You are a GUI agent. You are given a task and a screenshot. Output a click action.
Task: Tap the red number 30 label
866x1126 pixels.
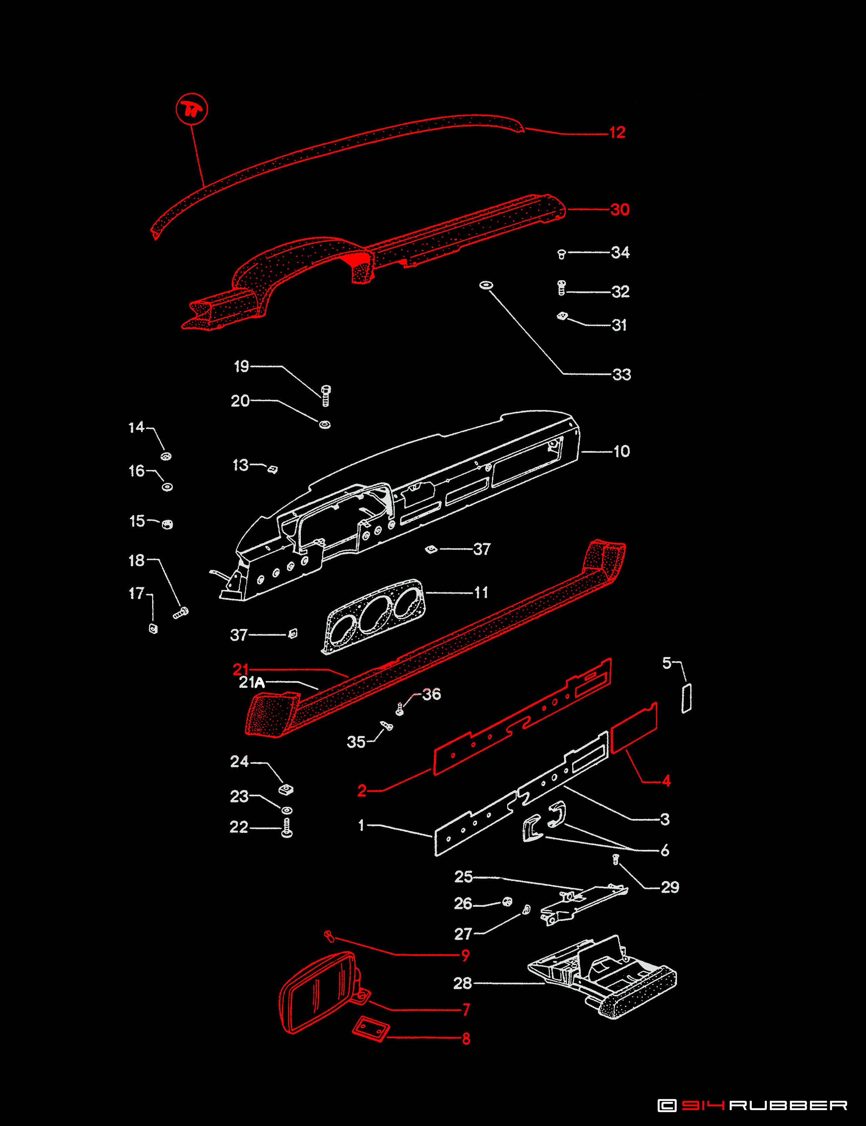(x=620, y=209)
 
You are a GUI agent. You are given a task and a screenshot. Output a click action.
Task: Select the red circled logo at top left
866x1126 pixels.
(x=192, y=109)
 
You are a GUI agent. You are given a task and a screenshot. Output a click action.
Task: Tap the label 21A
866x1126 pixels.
(x=251, y=683)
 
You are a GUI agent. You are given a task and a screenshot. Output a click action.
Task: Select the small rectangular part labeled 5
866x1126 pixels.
(x=687, y=699)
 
